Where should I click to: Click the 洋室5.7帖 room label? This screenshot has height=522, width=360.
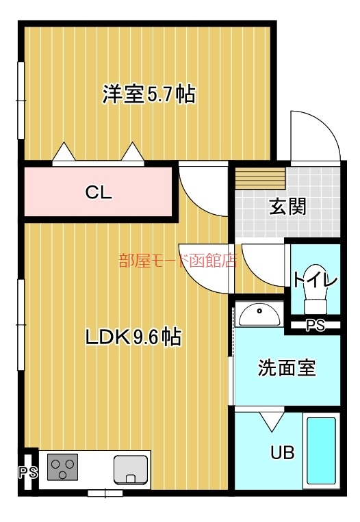(149, 94)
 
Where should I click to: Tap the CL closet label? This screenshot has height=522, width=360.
(99, 192)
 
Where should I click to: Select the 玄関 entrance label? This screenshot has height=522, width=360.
(287, 205)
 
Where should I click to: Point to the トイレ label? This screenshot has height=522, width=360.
(316, 279)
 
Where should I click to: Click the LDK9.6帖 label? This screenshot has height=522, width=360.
(133, 337)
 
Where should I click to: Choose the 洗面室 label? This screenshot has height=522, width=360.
(287, 367)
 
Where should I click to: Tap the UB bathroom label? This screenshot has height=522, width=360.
(282, 452)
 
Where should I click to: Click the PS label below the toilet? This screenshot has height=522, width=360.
(315, 326)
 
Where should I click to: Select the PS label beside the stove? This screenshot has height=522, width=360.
(27, 471)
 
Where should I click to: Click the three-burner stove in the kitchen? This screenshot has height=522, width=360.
(62, 468)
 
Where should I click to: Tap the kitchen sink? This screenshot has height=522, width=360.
(131, 469)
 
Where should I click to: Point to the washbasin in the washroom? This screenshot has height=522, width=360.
(260, 314)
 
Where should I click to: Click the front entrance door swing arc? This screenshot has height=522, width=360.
(315, 134)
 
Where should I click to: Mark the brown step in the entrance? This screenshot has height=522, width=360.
(260, 179)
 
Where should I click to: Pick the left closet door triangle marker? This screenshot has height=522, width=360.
(63, 151)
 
